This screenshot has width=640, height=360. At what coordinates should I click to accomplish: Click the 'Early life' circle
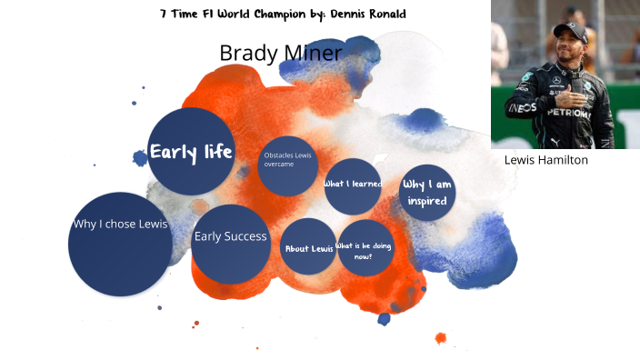pyautogui.click(x=191, y=151)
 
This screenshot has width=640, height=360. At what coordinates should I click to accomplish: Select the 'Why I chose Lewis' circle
pyautogui.click(x=120, y=244)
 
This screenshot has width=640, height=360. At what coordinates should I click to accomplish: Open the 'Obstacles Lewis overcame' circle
pyautogui.click(x=287, y=165)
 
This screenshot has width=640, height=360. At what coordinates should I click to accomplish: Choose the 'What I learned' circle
pyautogui.click(x=352, y=185)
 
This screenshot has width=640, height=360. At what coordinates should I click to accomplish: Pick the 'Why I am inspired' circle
pyautogui.click(x=426, y=192)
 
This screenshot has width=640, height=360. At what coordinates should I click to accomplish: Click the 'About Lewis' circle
pyautogui.click(x=308, y=247)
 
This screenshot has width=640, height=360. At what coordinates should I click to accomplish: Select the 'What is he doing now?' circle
pyautogui.click(x=365, y=248)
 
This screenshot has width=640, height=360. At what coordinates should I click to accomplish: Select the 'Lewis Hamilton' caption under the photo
pyautogui.click(x=545, y=160)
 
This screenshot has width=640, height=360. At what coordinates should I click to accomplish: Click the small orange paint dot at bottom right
pyautogui.click(x=441, y=338)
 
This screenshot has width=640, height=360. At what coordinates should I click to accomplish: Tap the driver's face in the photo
pyautogui.click(x=570, y=49)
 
